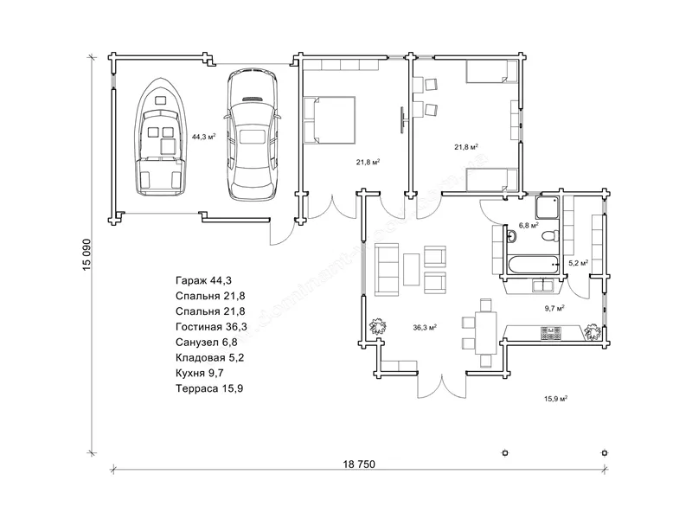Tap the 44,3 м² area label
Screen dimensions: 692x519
click(203, 137)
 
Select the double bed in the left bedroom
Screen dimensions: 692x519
click(330, 120)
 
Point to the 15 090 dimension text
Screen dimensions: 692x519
click(87, 254)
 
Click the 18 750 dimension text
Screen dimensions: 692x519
click(359, 465)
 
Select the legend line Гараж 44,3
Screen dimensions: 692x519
click(203, 280)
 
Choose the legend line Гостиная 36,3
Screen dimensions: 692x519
click(211, 327)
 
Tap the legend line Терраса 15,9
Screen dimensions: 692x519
click(209, 388)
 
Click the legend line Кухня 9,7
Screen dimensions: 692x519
click(200, 373)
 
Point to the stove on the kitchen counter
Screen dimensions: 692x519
click(551, 333)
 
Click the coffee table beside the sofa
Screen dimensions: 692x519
click(412, 269)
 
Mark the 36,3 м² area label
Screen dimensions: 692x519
click(425, 328)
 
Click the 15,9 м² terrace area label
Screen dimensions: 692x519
click(555, 399)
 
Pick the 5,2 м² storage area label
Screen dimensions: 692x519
click(578, 263)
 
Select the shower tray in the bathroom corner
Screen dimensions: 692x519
click(548, 208)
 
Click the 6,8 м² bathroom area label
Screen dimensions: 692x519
click(529, 225)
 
